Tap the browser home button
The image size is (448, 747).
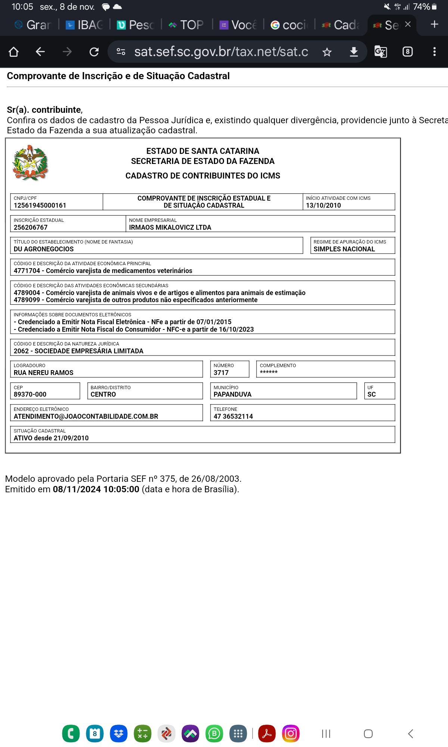pyautogui.click(x=14, y=52)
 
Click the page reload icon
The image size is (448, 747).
pyautogui.click(x=94, y=52)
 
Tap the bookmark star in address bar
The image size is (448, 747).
pyautogui.click(x=327, y=52)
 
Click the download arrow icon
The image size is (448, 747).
pyautogui.click(x=354, y=52)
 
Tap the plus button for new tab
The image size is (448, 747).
pyautogui.click(x=434, y=24)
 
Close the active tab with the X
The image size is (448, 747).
pyautogui.click(x=408, y=24)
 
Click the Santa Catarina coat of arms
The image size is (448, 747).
pyautogui.click(x=30, y=163)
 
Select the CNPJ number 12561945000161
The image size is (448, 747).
pyautogui.click(x=40, y=205)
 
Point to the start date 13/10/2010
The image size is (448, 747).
pyautogui.click(x=323, y=205)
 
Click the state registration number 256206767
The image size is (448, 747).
pyautogui.click(x=31, y=227)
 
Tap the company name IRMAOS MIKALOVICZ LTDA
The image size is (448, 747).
pyautogui.click(x=170, y=227)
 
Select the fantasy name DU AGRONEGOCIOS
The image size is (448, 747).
pyautogui.click(x=44, y=249)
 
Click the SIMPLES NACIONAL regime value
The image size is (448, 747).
pyautogui.click(x=344, y=249)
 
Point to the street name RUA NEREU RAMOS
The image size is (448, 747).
pyautogui.click(x=44, y=373)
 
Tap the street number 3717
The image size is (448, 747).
pyautogui.click(x=221, y=373)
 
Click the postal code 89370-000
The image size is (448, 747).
pyautogui.click(x=30, y=394)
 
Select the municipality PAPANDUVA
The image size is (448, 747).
pyautogui.click(x=232, y=394)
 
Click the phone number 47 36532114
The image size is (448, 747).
pyautogui.click(x=233, y=416)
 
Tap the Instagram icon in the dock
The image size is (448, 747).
pyautogui.click(x=291, y=734)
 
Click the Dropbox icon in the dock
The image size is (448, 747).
pyautogui.click(x=119, y=734)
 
